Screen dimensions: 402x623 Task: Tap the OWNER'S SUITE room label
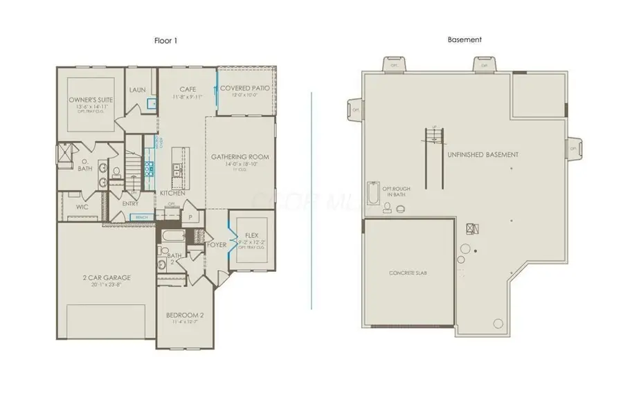(x=91, y=101)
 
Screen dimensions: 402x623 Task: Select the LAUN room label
(x=137, y=90)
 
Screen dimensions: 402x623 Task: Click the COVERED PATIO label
(x=246, y=89)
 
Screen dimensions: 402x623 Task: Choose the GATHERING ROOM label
(x=240, y=157)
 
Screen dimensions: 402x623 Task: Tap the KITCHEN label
(x=172, y=193)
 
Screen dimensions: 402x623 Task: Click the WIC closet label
(x=81, y=205)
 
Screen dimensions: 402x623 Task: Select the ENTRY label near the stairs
(x=130, y=203)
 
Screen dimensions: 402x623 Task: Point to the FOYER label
(x=216, y=244)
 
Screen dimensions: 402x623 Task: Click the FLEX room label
(x=251, y=235)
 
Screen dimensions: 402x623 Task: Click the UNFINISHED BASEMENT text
(x=482, y=154)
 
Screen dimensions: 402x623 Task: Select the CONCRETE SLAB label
(x=408, y=273)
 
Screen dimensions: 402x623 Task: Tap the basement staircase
(x=434, y=158)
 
